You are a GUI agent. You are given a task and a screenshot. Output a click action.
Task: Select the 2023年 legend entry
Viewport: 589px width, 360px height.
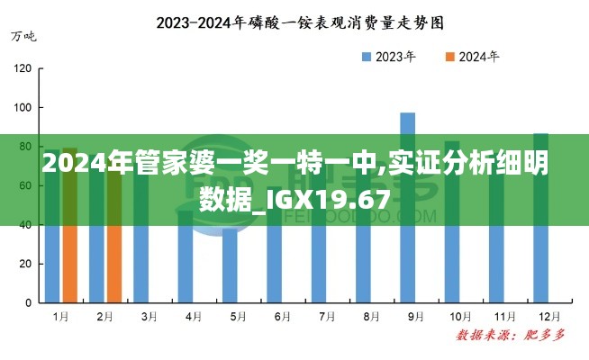tap(388, 57)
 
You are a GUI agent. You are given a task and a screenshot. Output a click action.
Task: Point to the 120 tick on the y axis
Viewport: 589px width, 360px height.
tap(23, 68)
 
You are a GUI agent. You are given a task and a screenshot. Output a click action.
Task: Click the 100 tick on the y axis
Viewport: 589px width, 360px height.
tap(23, 108)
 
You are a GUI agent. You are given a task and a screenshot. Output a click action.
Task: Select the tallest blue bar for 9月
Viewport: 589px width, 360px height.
tap(407, 207)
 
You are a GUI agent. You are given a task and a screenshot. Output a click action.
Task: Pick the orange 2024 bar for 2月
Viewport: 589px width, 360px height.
tap(113, 261)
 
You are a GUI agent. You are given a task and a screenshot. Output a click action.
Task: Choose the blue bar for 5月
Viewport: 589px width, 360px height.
tap(230, 265)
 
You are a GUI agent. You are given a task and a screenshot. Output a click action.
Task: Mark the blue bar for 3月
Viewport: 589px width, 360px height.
tap(140, 261)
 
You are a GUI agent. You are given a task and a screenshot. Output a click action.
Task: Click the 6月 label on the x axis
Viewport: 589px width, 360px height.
tap(283, 317)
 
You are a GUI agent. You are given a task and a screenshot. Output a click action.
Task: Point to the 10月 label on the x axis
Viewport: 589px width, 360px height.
tap(460, 317)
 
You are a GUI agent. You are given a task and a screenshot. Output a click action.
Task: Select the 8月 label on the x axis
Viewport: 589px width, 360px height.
tap(371, 317)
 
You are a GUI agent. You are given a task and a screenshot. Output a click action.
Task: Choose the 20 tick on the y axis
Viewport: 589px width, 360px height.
tap(26, 264)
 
